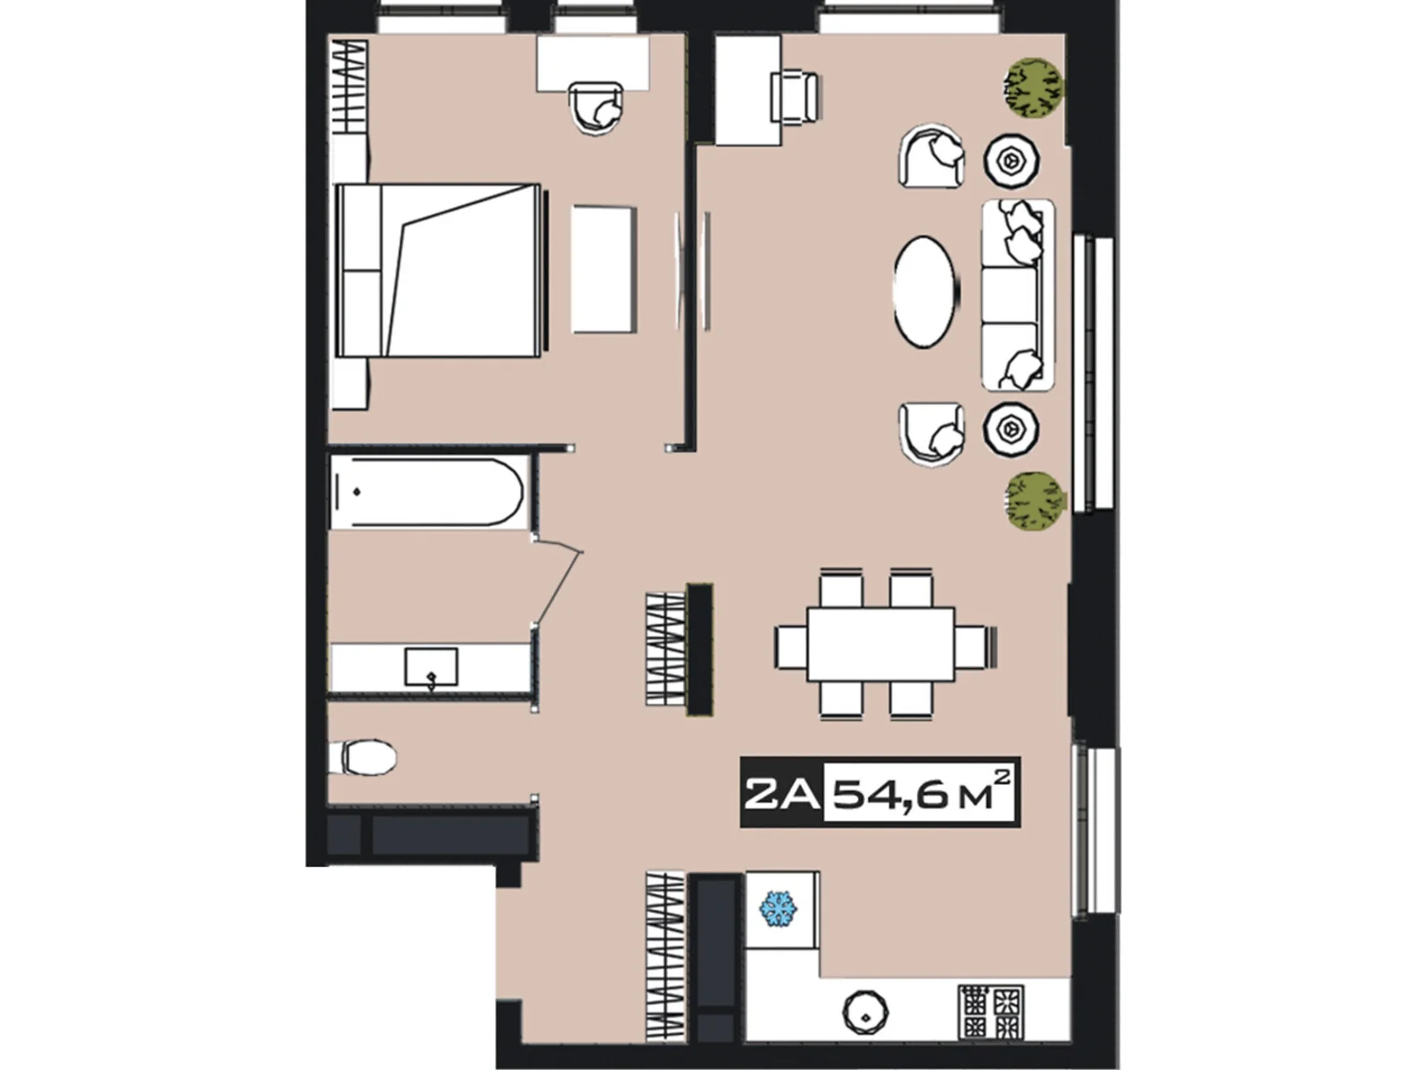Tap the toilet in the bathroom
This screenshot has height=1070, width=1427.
[x=366, y=758]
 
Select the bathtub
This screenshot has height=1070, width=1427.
[x=426, y=492]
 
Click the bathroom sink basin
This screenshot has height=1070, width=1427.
[x=431, y=667]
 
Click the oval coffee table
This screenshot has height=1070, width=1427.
[x=926, y=292]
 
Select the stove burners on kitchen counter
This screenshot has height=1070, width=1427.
[x=991, y=1011]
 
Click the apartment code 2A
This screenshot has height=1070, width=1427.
[x=781, y=793]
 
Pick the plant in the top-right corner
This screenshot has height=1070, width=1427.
[x=1035, y=88]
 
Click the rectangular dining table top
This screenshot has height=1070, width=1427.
[x=880, y=645]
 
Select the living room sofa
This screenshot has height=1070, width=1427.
[x=1017, y=295]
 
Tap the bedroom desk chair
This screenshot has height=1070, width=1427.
[x=596, y=108]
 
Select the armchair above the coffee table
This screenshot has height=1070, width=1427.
[x=931, y=157]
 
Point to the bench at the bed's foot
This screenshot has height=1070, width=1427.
[x=604, y=269]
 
